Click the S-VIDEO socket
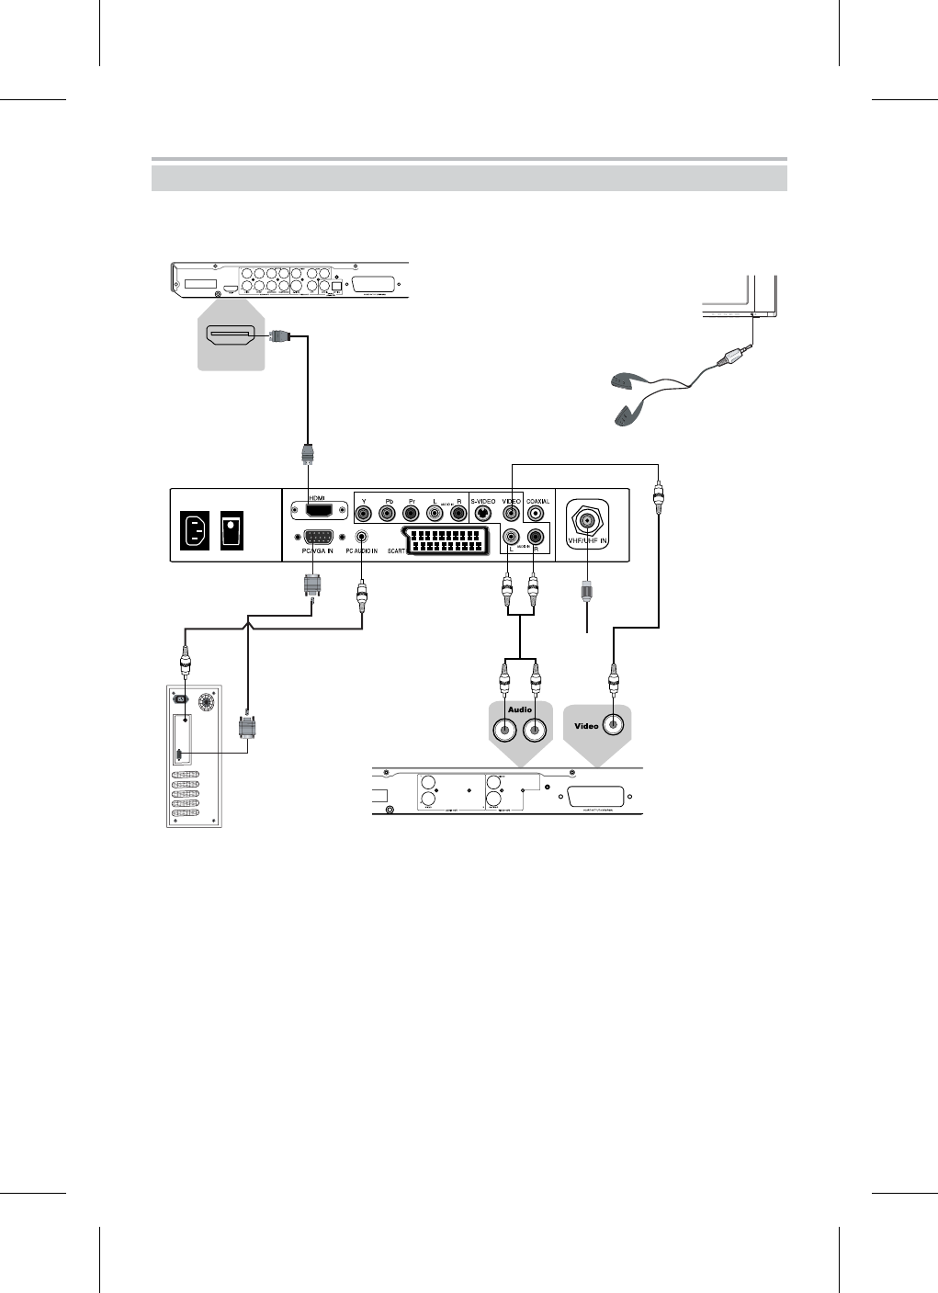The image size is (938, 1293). (x=482, y=515)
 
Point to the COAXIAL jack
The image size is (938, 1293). (x=537, y=515)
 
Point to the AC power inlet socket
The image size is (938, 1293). (x=197, y=529)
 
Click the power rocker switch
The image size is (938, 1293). (x=232, y=529)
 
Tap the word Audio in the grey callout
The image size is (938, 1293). (x=520, y=709)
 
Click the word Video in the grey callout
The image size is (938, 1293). (x=586, y=725)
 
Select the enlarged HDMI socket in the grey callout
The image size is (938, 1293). (x=231, y=336)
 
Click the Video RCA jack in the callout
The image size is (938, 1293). (x=612, y=724)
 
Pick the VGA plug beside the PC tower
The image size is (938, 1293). (x=245, y=729)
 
